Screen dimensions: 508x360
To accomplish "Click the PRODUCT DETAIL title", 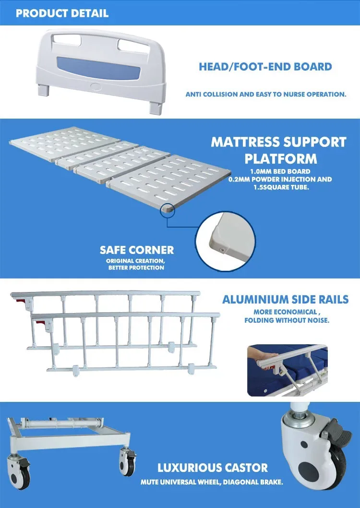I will (x=62, y=13).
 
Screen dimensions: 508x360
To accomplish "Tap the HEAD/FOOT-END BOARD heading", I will (x=265, y=67).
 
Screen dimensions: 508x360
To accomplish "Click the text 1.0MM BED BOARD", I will (x=280, y=171).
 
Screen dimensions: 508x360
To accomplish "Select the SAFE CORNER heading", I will (x=137, y=250).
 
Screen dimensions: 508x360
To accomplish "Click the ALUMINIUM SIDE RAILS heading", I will (x=285, y=300).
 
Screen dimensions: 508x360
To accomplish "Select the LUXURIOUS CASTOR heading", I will (x=213, y=467).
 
